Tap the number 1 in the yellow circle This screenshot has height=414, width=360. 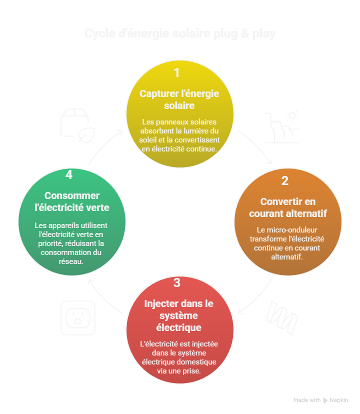click(x=176, y=73)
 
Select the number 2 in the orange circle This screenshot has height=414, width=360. click(x=285, y=180)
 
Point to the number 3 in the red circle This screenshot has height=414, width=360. click(x=177, y=283)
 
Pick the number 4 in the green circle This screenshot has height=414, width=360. click(x=69, y=174)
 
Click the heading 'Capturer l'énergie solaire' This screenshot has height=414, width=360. click(x=179, y=99)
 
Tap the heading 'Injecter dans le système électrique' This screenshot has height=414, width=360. click(x=179, y=315)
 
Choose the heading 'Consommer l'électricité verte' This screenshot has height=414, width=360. click(x=71, y=201)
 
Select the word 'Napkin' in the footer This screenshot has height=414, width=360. click(x=338, y=400)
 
